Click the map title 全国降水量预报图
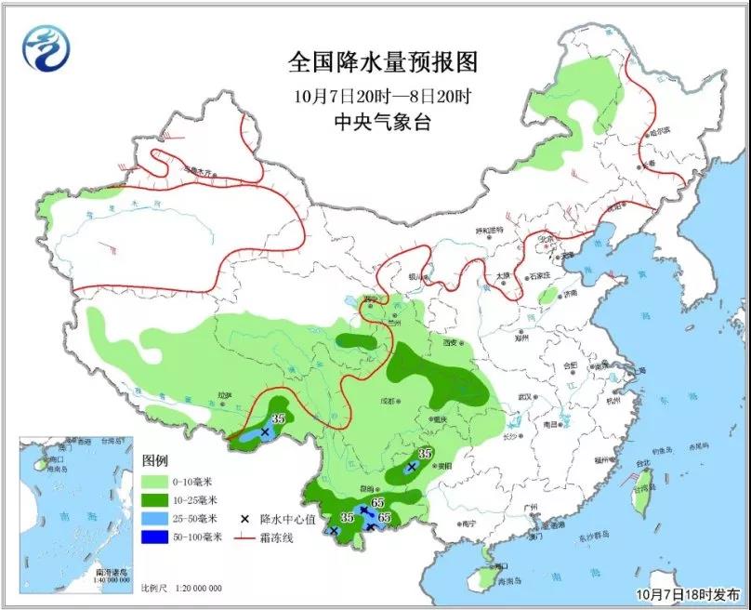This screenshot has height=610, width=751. pyautogui.click(x=384, y=62)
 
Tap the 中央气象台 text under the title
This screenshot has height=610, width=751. pyautogui.click(x=384, y=122)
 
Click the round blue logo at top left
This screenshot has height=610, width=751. pyautogui.click(x=46, y=47)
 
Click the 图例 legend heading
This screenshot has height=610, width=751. pyautogui.click(x=155, y=461)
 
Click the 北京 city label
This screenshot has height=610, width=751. pyautogui.click(x=546, y=239)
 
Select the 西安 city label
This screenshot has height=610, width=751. pyautogui.click(x=452, y=342)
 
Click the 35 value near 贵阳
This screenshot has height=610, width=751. pyautogui.click(x=426, y=453)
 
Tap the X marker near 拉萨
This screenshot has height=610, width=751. pyautogui.click(x=265, y=432)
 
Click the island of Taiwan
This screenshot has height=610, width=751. pyautogui.click(x=641, y=493)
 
